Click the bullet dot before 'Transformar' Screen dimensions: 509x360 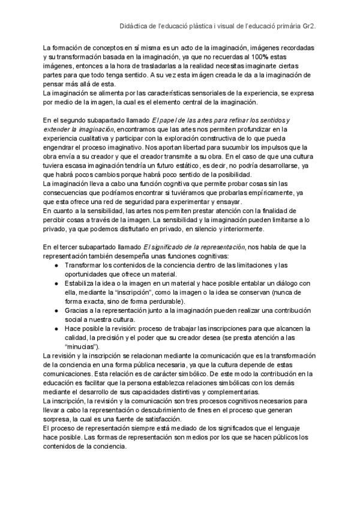coord(56,264)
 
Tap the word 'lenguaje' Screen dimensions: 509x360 coord(296,428)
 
